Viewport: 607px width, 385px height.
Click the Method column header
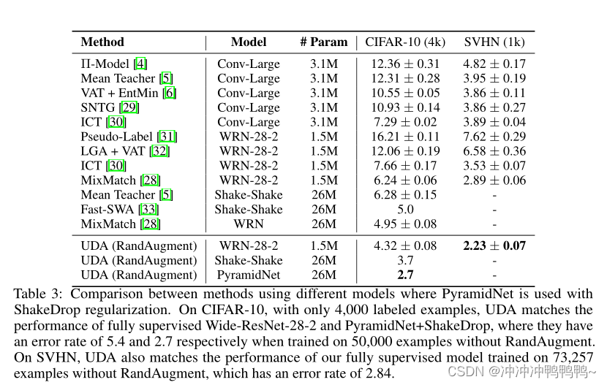click(102, 42)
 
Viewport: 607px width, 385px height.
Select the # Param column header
click(323, 42)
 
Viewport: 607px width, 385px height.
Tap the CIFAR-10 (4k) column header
click(405, 42)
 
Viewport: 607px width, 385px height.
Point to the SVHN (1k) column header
click(494, 42)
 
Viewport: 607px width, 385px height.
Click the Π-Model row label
click(107, 64)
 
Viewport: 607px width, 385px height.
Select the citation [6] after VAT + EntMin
click(170, 93)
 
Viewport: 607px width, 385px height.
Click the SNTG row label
click(98, 107)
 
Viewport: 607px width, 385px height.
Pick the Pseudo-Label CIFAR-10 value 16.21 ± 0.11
click(405, 137)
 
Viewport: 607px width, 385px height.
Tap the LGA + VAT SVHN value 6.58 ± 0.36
click(494, 151)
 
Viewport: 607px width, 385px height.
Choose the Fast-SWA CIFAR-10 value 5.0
click(405, 210)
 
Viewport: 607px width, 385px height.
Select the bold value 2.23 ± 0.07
click(494, 246)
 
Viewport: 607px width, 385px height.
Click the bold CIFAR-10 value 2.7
click(405, 275)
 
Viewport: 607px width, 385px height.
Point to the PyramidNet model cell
click(249, 275)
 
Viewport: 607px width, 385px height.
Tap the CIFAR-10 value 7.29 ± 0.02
click(405, 122)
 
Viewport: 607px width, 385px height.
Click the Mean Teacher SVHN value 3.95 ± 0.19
click(494, 78)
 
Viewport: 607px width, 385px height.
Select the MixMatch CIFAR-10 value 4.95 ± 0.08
click(405, 224)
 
